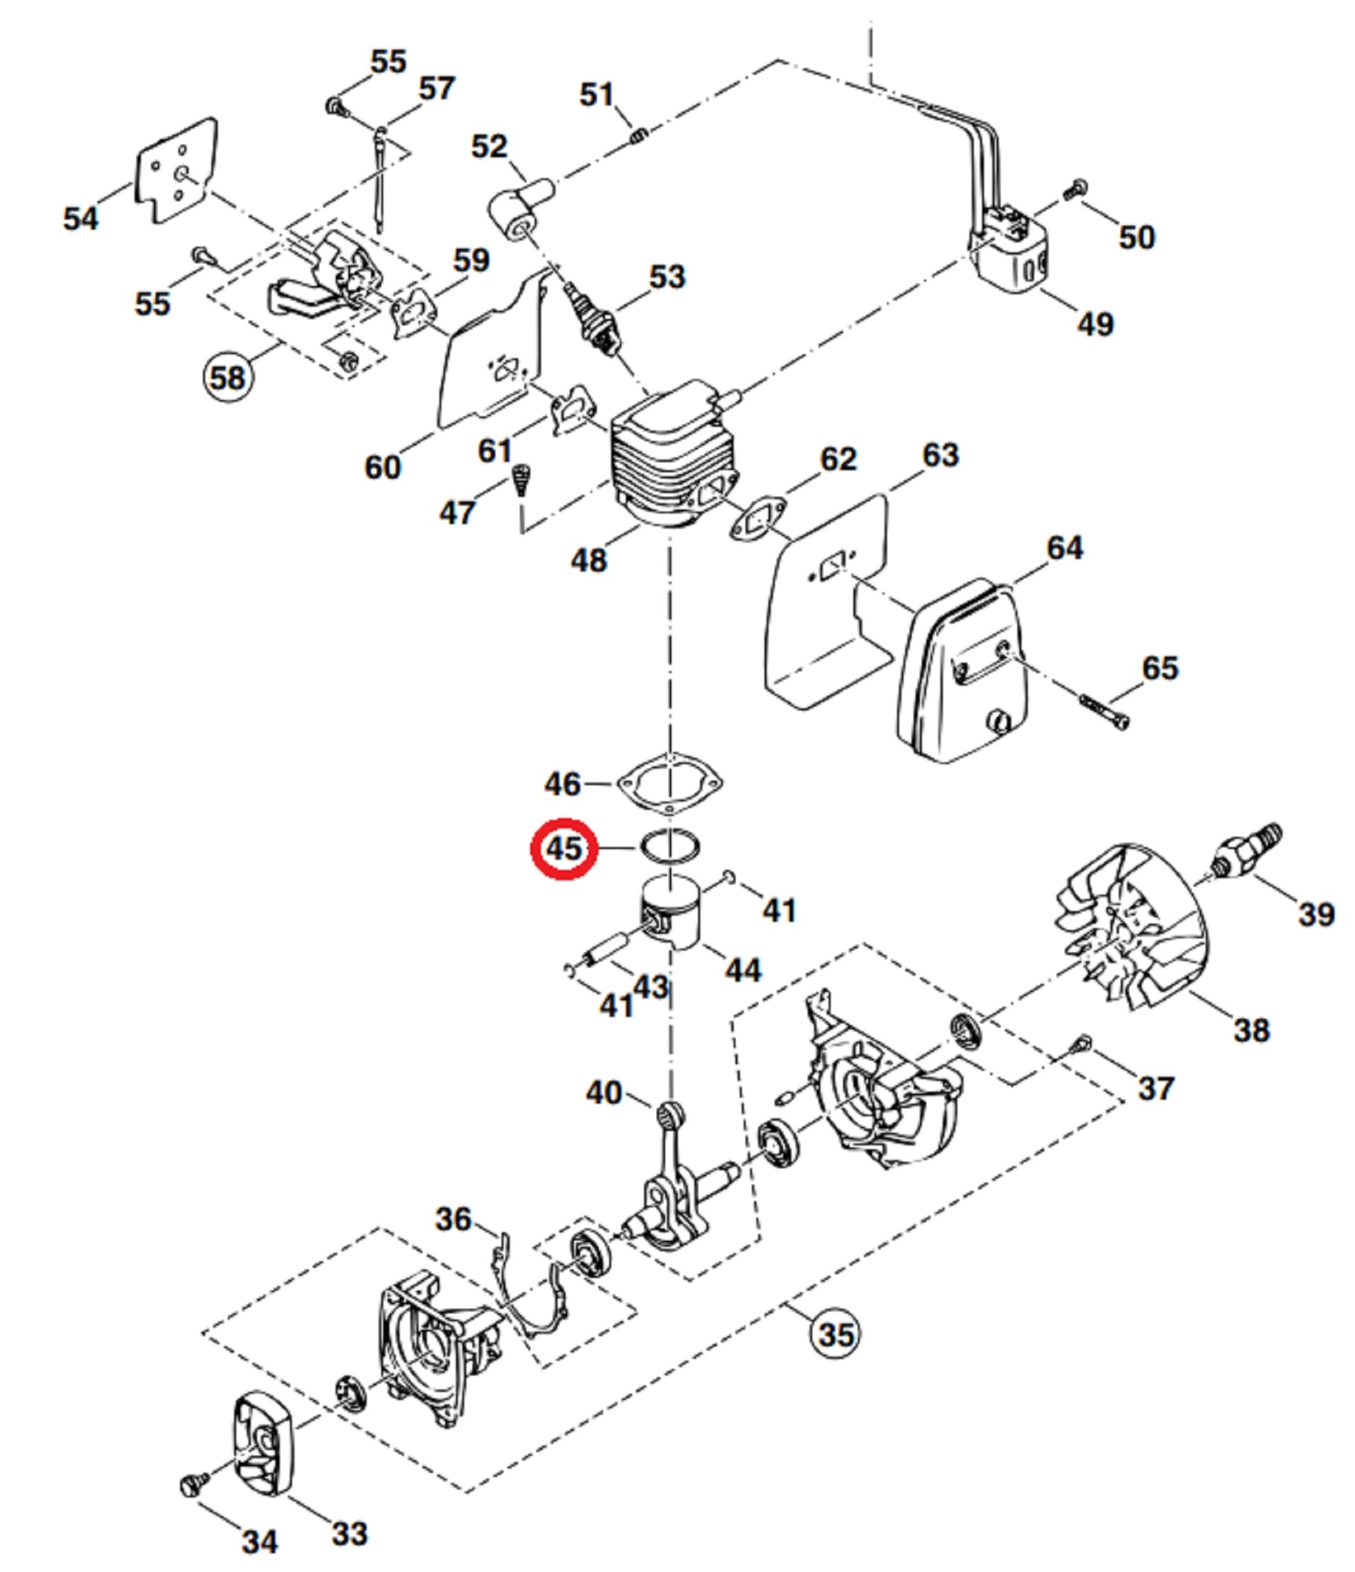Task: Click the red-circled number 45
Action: [563, 849]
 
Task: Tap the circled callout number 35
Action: [835, 1335]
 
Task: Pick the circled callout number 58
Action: [227, 377]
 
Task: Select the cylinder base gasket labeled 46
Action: [670, 784]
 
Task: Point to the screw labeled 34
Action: [192, 1483]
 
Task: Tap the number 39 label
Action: [1316, 914]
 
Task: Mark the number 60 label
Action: [382, 467]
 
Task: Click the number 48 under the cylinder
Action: [588, 560]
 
